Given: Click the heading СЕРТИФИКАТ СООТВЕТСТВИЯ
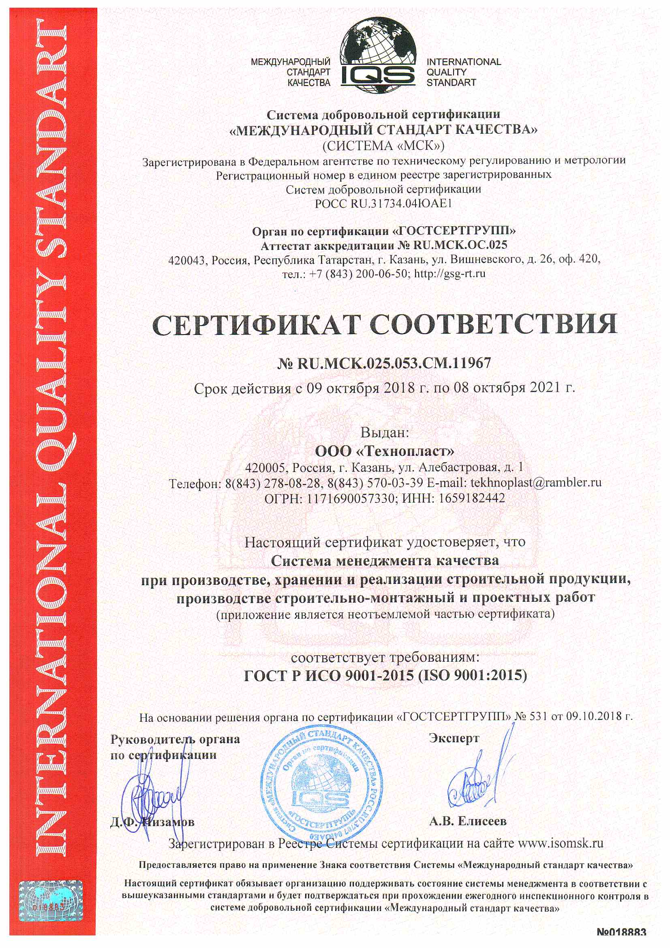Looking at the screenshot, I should (384, 325).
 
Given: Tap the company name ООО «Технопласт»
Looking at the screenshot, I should (384, 451).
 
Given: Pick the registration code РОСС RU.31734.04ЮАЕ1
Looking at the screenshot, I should (383, 204).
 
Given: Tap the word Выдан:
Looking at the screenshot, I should (384, 432).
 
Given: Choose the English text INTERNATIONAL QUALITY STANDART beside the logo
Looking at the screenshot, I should (464, 72).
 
